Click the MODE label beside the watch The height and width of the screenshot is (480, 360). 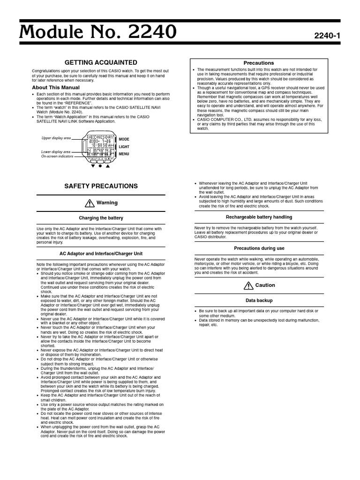124,140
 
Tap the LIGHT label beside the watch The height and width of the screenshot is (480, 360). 124,147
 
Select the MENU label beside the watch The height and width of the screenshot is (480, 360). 124,154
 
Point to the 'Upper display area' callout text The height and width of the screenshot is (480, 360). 56,138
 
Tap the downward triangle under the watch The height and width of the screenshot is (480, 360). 93,166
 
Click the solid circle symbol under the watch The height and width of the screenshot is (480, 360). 100,166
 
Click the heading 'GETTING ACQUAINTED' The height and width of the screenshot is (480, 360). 101,62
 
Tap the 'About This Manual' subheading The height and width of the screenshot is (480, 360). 56,88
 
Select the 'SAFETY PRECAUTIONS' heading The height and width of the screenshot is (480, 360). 101,186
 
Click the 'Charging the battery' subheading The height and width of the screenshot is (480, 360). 101,218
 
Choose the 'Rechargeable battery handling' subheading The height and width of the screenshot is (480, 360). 259,217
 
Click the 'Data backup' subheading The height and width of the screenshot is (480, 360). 259,300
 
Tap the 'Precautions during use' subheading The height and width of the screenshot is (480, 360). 259,248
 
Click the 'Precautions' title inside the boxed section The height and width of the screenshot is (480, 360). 259,63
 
